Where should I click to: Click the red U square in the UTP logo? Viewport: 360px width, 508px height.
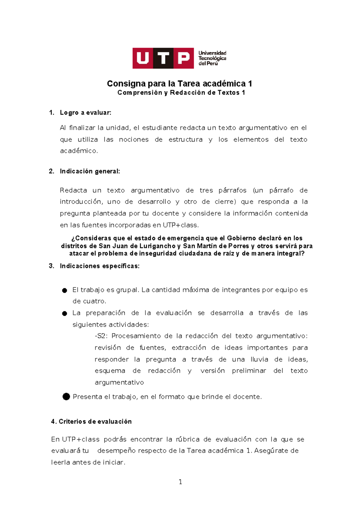tap(143, 58)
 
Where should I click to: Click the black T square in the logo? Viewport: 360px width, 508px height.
tap(163, 58)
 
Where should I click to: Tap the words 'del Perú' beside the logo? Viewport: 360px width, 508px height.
tap(208, 64)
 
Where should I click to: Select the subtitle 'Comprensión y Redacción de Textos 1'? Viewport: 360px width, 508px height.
tap(181, 93)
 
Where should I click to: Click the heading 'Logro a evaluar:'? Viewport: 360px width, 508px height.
tap(85, 113)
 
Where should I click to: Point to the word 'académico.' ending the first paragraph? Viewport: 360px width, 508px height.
tap(79, 151)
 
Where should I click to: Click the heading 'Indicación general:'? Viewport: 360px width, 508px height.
tap(90, 171)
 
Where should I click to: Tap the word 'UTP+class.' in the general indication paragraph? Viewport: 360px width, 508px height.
tap(181, 225)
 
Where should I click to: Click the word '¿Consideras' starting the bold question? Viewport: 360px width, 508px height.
tap(91, 238)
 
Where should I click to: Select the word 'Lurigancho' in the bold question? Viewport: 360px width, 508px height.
tap(157, 246)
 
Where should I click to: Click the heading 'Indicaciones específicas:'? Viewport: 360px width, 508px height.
tap(100, 266)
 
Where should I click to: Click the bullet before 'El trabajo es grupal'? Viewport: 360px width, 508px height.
tap(64, 290)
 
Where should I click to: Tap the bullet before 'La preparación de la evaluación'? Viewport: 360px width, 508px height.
tap(64, 313)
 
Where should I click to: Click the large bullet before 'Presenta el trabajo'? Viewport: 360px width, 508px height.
tap(66, 397)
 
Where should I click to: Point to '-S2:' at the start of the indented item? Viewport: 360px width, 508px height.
tap(101, 336)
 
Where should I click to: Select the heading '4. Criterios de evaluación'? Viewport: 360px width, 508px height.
tap(91, 422)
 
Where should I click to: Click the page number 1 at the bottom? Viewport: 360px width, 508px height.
tap(180, 482)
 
